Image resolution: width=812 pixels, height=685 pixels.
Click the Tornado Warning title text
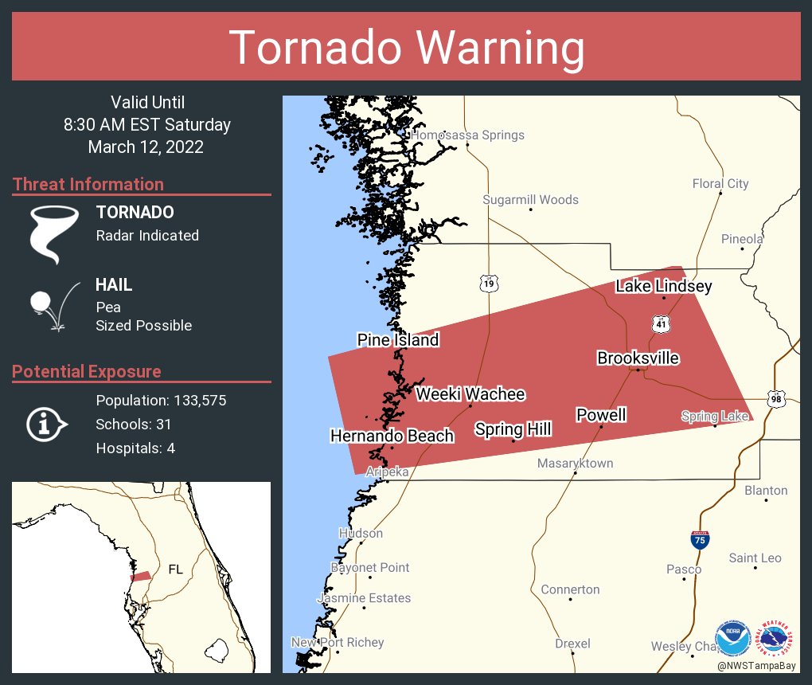coord(406,47)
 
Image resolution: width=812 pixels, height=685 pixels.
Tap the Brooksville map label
coord(638,358)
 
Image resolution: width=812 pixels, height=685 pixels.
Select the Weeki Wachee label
coord(470,394)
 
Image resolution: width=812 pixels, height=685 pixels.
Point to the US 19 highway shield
coord(489,283)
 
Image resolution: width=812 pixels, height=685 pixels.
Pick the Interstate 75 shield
coord(699,539)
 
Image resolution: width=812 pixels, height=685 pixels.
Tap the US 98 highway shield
coord(775,398)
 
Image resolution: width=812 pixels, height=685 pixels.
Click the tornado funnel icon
coord(53,233)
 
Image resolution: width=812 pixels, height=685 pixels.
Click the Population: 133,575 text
coord(161,401)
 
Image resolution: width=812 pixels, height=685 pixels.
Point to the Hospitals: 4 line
coord(135,448)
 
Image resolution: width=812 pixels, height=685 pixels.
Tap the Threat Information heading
coord(88,185)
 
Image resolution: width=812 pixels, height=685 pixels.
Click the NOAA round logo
coord(732,639)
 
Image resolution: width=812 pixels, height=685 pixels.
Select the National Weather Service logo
coord(777,639)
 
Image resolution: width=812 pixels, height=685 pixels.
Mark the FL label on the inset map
coord(175,570)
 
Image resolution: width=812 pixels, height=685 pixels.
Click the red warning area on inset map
coord(141,576)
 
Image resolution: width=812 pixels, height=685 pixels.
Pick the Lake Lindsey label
coord(663,287)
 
